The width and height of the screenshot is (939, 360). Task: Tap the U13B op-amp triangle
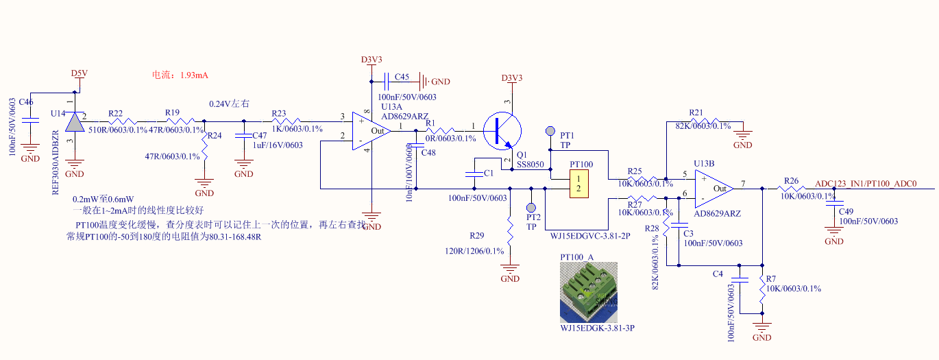tap(714, 188)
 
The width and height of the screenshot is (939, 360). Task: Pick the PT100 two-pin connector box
tap(579, 183)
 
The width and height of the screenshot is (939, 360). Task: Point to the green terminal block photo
tap(589, 293)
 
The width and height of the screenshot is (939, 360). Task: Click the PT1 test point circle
tap(550, 131)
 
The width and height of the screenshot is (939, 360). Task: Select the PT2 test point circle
tap(531, 207)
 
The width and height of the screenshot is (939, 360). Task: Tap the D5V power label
tap(80, 73)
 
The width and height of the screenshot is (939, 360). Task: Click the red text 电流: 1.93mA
tap(180, 75)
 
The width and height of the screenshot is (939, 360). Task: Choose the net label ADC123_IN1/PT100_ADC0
tap(865, 184)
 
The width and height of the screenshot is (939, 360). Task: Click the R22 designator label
tap(115, 113)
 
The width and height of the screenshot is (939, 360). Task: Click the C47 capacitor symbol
tap(243, 136)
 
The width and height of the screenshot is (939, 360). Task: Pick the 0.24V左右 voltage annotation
tap(229, 104)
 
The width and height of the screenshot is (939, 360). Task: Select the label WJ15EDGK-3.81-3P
tap(597, 329)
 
